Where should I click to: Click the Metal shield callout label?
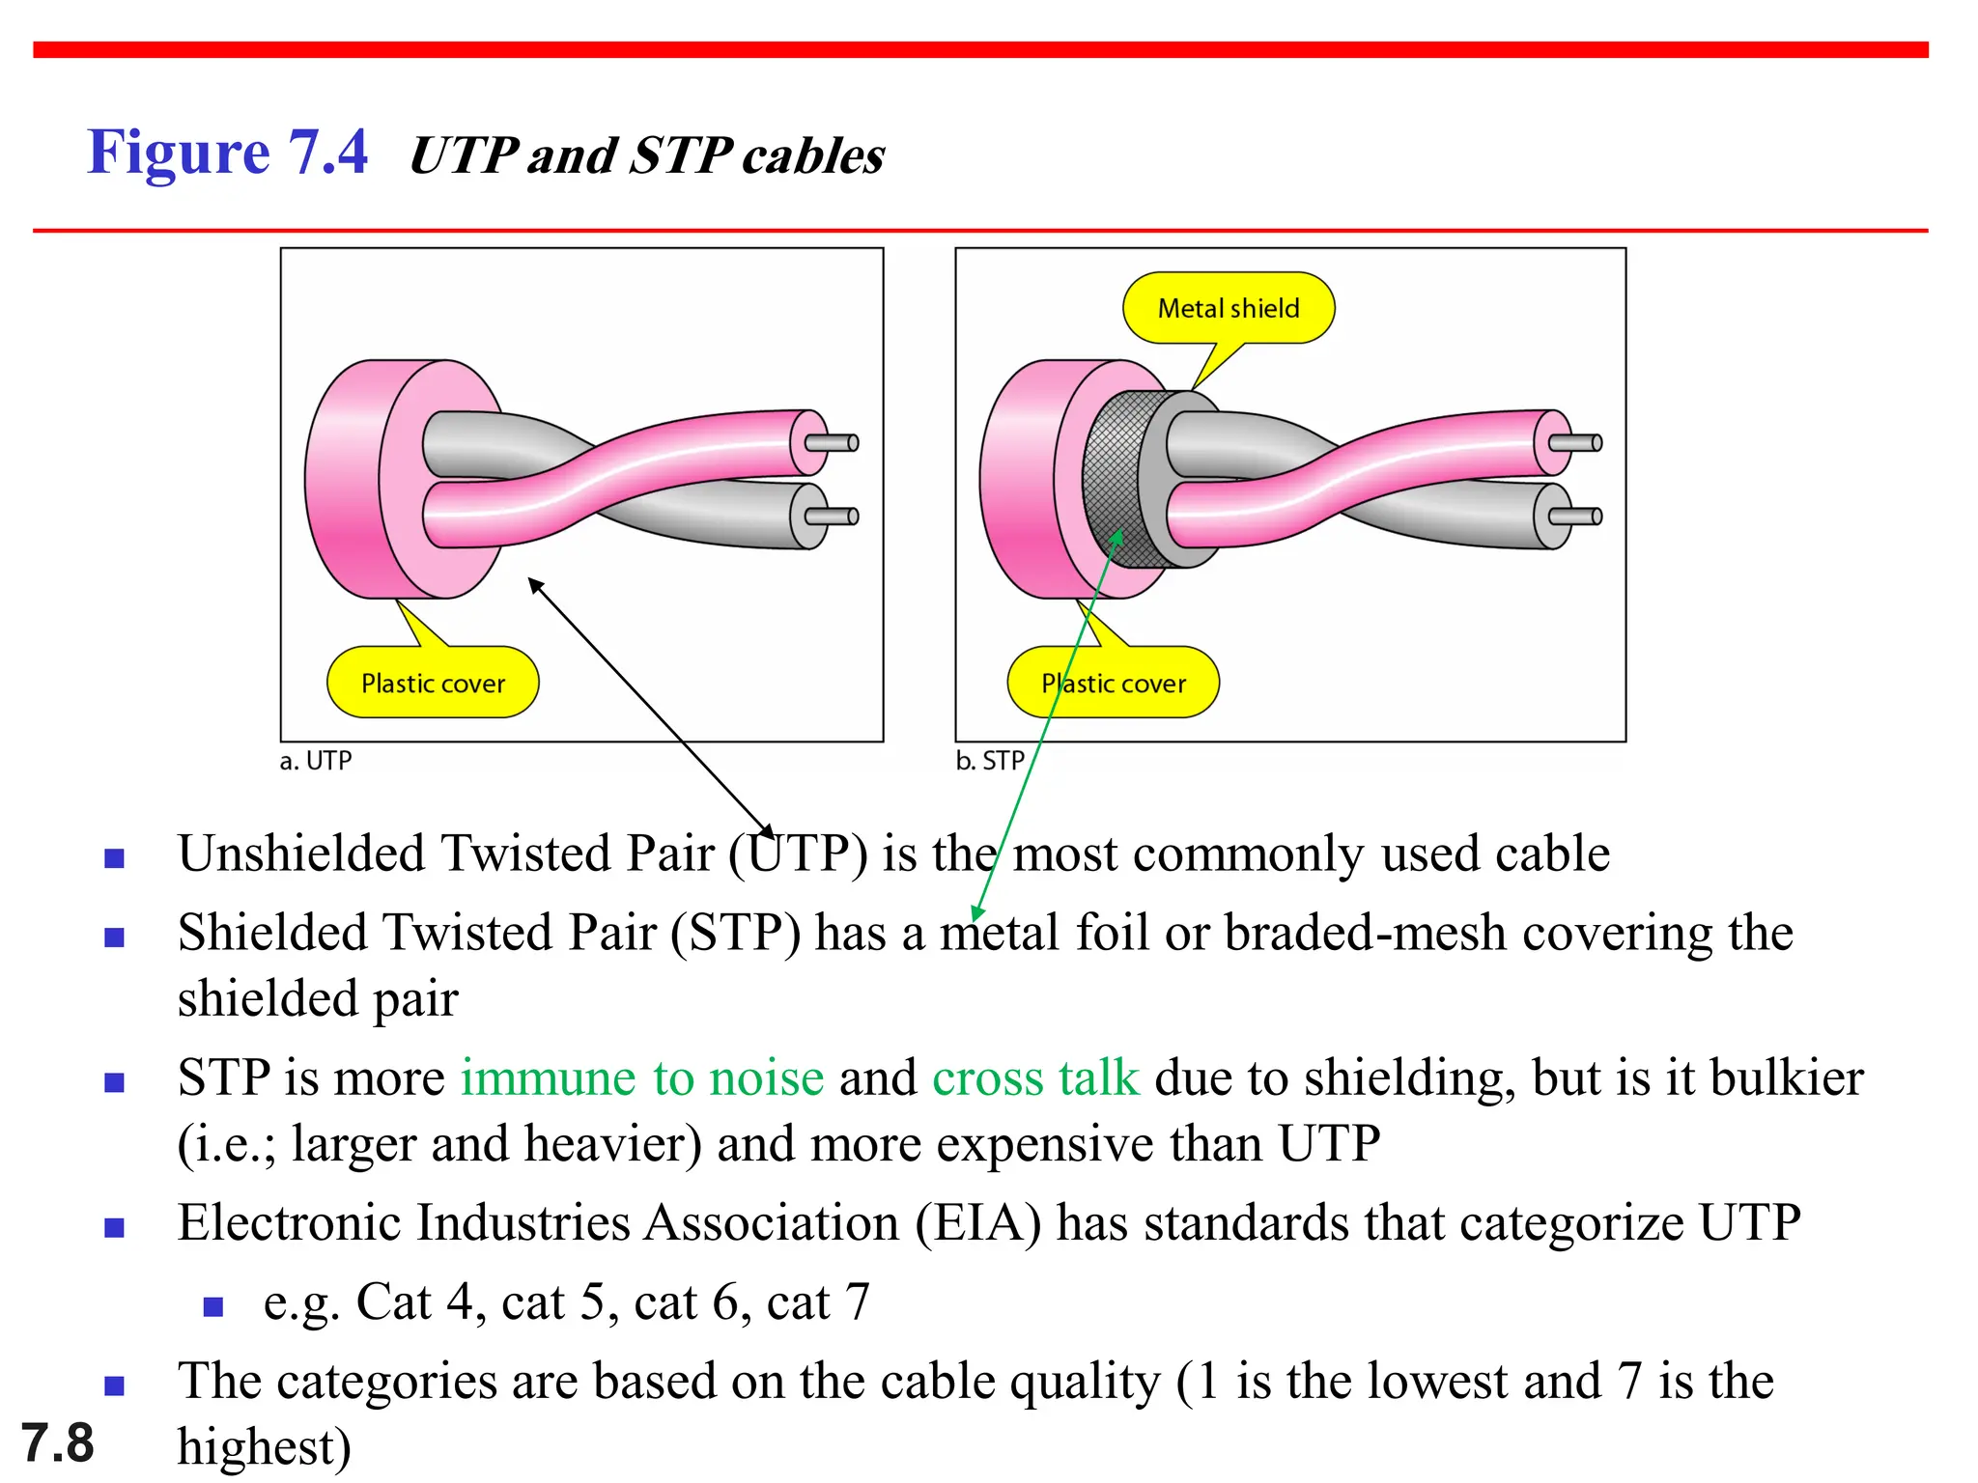point(1228,308)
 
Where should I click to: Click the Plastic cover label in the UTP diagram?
point(433,684)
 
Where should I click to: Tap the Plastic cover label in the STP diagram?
point(1113,684)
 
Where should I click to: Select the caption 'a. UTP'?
point(315,761)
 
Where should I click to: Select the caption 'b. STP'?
point(989,761)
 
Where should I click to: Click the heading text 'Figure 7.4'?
point(227,153)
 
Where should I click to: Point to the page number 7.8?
point(57,1443)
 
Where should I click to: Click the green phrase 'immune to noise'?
point(642,1077)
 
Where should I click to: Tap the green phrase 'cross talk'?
point(1035,1077)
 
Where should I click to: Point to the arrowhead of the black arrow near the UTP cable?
point(534,583)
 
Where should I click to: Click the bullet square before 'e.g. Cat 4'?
point(213,1307)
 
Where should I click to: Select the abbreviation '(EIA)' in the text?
point(978,1223)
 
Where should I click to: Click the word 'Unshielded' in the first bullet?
point(301,854)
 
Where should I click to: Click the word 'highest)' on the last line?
point(264,1447)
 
